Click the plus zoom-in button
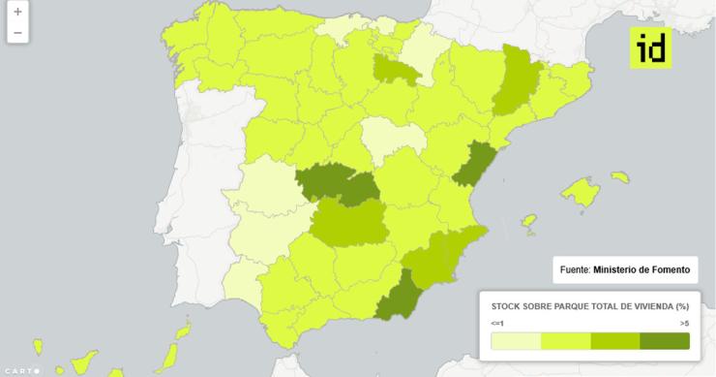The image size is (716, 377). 17,13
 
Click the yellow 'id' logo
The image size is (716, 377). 649,48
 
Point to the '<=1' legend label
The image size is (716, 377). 496,322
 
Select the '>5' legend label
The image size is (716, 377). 684,322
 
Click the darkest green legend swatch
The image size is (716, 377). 665,340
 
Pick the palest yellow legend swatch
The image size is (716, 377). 516,340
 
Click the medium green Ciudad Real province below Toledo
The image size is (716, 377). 348,225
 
